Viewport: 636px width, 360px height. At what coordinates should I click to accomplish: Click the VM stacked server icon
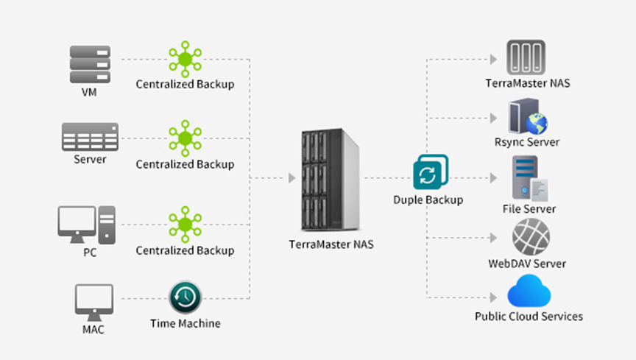coord(90,65)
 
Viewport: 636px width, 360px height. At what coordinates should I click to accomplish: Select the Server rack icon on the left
coord(90,137)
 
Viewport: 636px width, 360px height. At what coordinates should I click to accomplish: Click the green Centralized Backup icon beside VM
coord(185,58)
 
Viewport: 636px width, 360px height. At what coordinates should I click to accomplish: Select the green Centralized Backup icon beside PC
coord(185,225)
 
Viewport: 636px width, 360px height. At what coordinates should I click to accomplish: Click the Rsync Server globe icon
coord(527,117)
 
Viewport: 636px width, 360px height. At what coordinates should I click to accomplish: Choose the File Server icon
coord(528,179)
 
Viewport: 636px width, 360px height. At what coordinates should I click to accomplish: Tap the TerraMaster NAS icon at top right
coord(526,57)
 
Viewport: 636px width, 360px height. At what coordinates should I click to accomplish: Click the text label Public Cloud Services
coord(529,317)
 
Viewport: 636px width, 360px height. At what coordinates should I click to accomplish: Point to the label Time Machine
coord(185,323)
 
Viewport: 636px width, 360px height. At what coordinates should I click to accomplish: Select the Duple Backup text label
coord(428,200)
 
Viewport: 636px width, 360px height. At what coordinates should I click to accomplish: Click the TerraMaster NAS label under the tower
coord(331,244)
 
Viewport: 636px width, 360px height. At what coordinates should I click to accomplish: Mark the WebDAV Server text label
coord(527,264)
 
